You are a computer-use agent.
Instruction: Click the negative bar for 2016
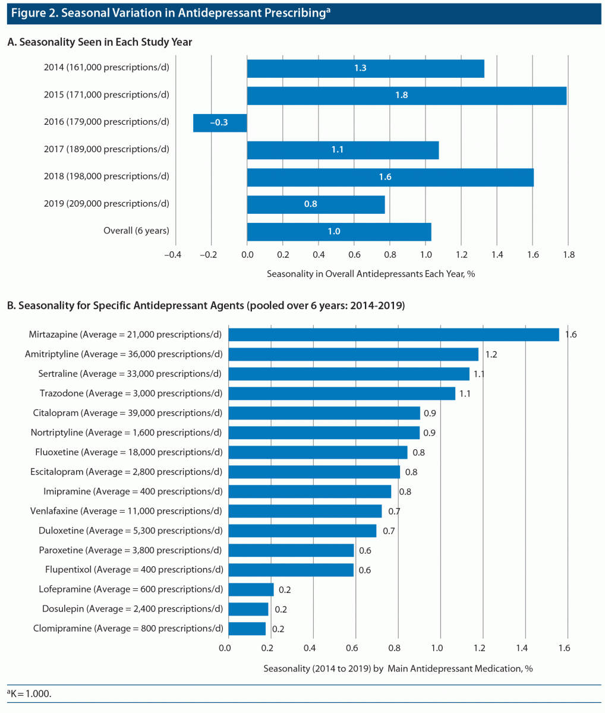[x=220, y=123]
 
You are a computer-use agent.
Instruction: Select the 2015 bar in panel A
[x=407, y=96]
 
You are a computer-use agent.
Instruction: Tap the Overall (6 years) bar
[x=339, y=232]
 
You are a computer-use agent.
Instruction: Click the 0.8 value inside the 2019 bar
[x=310, y=204]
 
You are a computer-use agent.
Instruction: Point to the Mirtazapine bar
[x=393, y=335]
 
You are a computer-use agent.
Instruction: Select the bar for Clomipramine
[x=247, y=629]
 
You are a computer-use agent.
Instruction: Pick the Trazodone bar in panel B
[x=342, y=393]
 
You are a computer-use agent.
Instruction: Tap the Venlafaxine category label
[x=126, y=511]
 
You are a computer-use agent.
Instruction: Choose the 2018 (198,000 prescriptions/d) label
[x=106, y=176]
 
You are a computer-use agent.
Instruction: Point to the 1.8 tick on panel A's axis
[x=569, y=255]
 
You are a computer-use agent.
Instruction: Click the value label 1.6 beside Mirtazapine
[x=571, y=335]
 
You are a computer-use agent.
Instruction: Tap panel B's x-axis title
[x=398, y=668]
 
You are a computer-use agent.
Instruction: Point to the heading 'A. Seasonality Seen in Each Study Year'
[x=99, y=42]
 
